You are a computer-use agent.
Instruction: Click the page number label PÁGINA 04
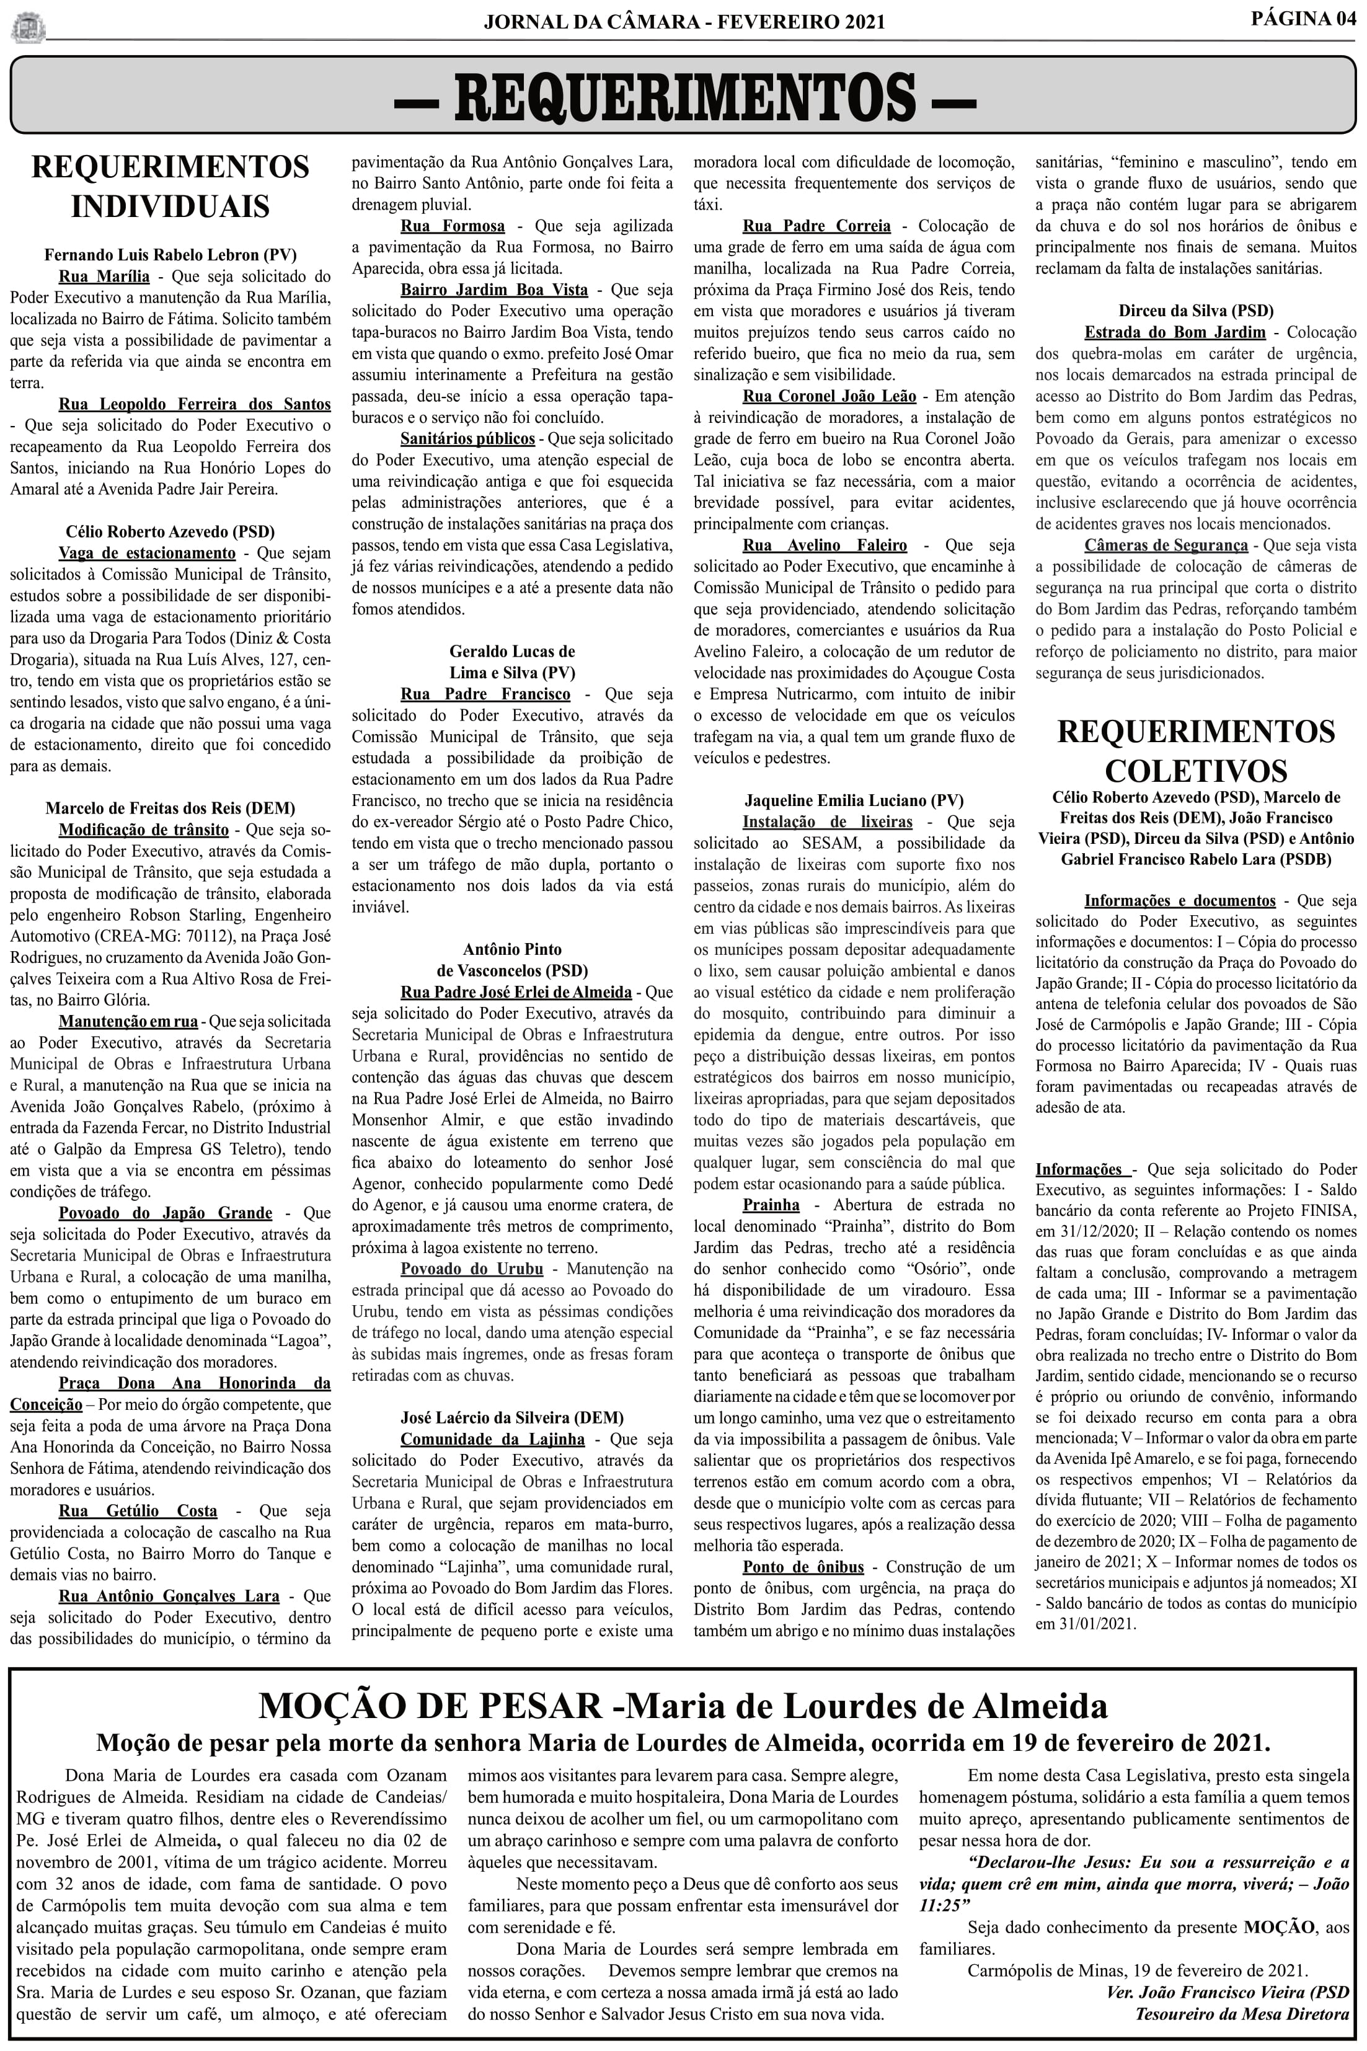(x=1303, y=19)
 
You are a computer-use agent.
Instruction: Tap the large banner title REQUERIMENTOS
(x=684, y=96)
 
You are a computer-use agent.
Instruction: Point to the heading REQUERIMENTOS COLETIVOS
(x=1195, y=750)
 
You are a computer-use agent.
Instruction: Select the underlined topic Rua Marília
(x=104, y=277)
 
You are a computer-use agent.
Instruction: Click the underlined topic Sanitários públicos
(x=467, y=438)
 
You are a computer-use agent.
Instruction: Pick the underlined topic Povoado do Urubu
(x=472, y=1269)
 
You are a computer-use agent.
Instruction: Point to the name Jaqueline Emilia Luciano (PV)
(x=854, y=800)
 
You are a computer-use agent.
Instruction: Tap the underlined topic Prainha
(x=771, y=1205)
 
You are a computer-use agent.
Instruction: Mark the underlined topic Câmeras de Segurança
(x=1166, y=546)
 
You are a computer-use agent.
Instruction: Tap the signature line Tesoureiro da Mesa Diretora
(x=1241, y=2014)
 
